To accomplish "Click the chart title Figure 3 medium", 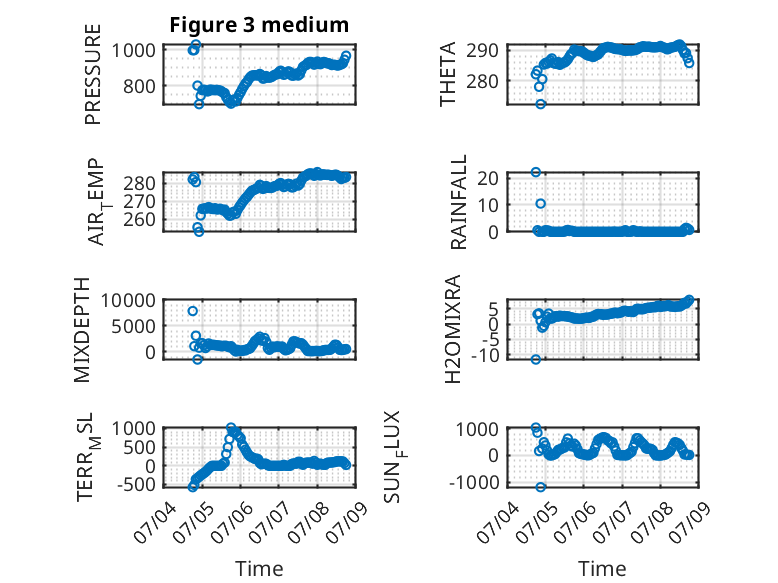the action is pyautogui.click(x=259, y=25).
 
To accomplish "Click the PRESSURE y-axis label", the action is pyautogui.click(x=93, y=74).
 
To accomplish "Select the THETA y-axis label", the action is pyautogui.click(x=448, y=74).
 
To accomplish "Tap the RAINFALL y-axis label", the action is pyautogui.click(x=458, y=202).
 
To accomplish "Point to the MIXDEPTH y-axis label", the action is pyautogui.click(x=82, y=330).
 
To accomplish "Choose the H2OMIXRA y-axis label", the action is pyautogui.click(x=453, y=329).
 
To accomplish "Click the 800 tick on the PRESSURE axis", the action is pyautogui.click(x=138, y=86).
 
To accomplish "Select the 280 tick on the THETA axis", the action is pyautogui.click(x=482, y=81).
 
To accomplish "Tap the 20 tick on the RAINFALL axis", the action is pyautogui.click(x=488, y=178).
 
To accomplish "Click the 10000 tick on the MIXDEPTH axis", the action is pyautogui.click(x=128, y=300).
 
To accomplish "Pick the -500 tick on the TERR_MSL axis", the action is pyautogui.click(x=135, y=484).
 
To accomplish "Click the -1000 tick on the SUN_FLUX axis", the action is pyautogui.click(x=474, y=482).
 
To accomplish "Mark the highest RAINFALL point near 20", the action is pyautogui.click(x=536, y=172).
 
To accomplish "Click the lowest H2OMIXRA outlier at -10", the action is pyautogui.click(x=536, y=360).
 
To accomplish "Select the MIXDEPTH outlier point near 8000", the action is pyautogui.click(x=193, y=311).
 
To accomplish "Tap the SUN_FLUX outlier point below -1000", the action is pyautogui.click(x=541, y=487).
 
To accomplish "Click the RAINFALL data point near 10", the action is pyautogui.click(x=541, y=203).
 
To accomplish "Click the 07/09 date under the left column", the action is pyautogui.click(x=348, y=521).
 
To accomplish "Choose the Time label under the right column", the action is pyautogui.click(x=602, y=569).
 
